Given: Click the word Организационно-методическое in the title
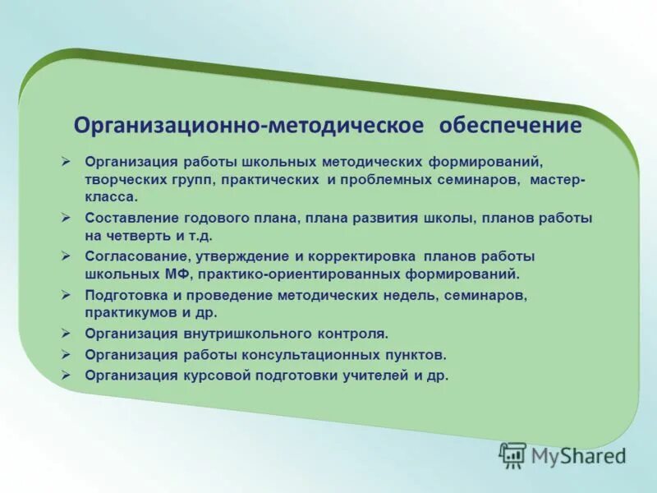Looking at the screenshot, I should (249, 126).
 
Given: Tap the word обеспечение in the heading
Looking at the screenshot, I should (510, 126).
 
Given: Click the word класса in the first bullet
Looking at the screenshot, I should (110, 197).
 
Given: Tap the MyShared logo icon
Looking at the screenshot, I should (512, 454).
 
